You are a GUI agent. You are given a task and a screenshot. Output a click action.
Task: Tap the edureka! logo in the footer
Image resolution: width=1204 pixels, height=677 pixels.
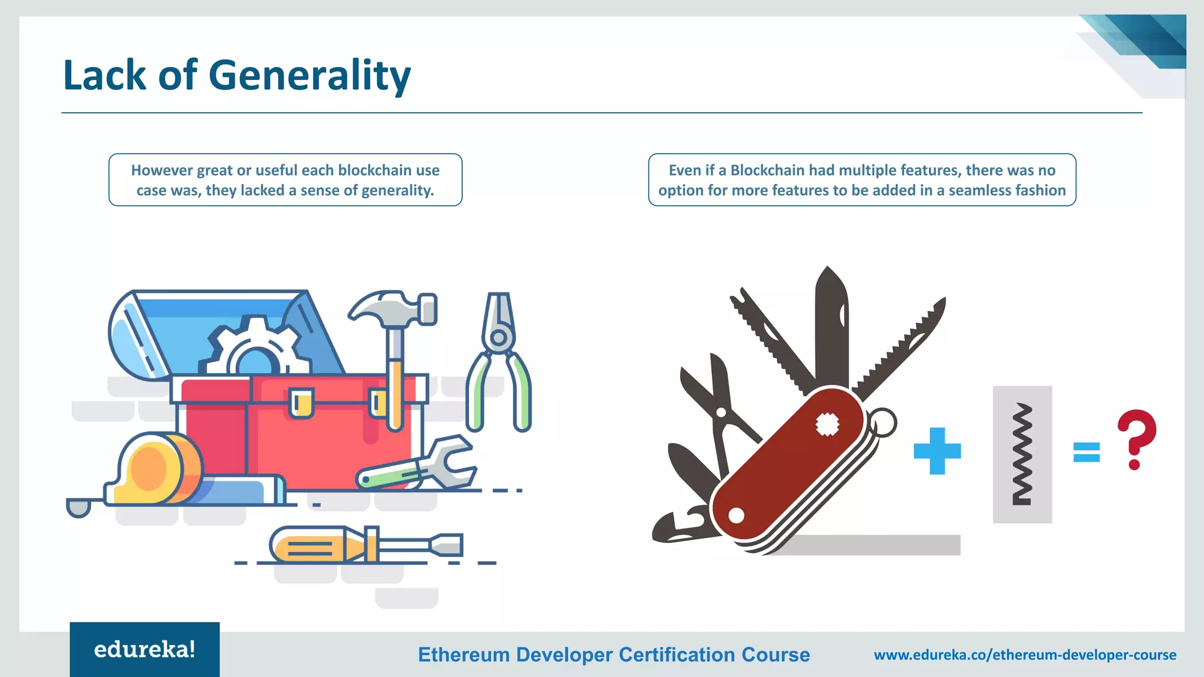point(145,649)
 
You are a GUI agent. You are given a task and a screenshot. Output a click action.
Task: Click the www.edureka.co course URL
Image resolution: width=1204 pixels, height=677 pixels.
point(1025,655)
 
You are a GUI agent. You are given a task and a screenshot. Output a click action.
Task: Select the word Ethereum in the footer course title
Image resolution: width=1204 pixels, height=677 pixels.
point(463,655)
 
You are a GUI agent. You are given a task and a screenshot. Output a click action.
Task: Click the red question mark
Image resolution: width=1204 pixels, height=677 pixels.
point(1136,438)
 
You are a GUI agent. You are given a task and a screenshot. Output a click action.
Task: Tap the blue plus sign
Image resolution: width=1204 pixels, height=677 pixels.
point(937,451)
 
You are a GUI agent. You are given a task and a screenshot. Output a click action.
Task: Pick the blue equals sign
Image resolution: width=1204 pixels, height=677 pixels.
point(1086,452)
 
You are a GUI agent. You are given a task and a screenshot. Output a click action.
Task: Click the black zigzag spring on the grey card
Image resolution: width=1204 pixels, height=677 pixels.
point(1022,454)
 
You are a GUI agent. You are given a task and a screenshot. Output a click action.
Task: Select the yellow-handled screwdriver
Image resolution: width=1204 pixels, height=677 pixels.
point(364,545)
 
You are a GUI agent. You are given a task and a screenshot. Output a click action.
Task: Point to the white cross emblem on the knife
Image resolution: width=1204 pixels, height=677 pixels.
point(827,424)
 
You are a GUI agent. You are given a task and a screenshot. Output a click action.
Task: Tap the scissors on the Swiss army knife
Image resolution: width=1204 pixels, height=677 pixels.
point(714,400)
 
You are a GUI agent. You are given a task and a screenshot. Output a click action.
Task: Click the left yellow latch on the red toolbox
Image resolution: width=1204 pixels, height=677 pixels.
point(302,404)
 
